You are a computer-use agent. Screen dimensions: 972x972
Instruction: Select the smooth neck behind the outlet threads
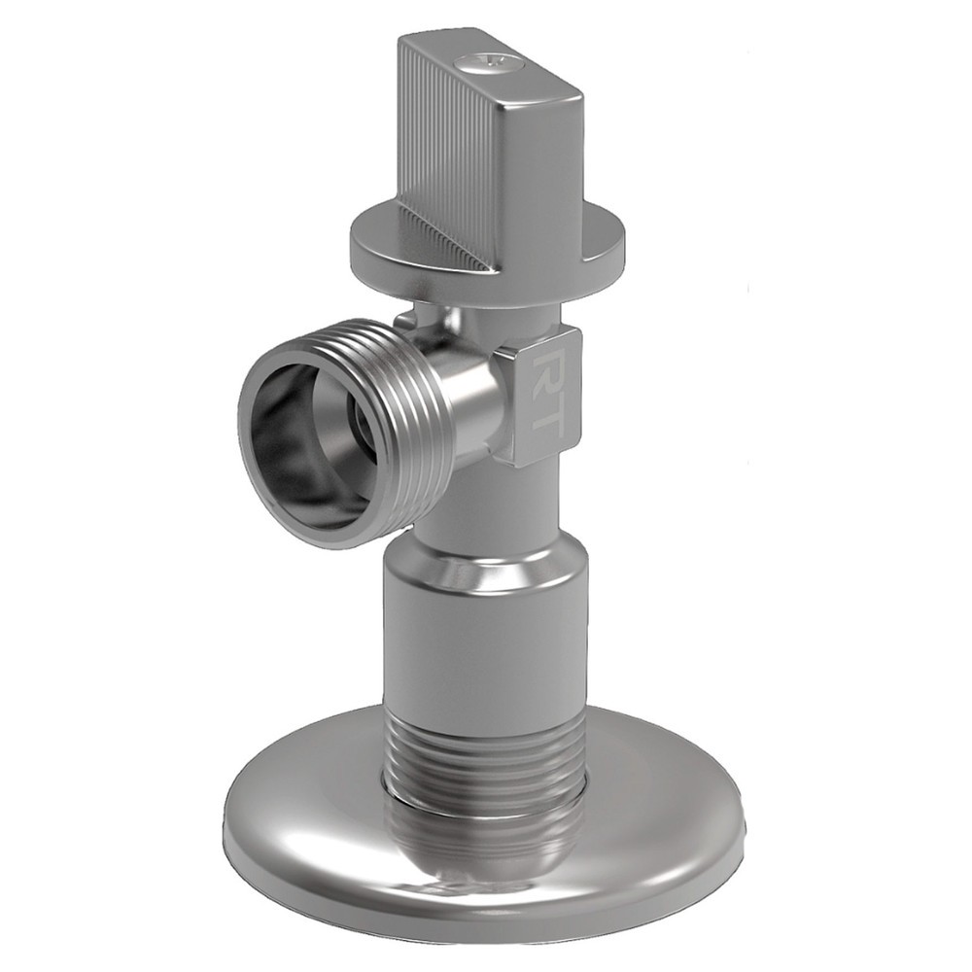(x=467, y=399)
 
